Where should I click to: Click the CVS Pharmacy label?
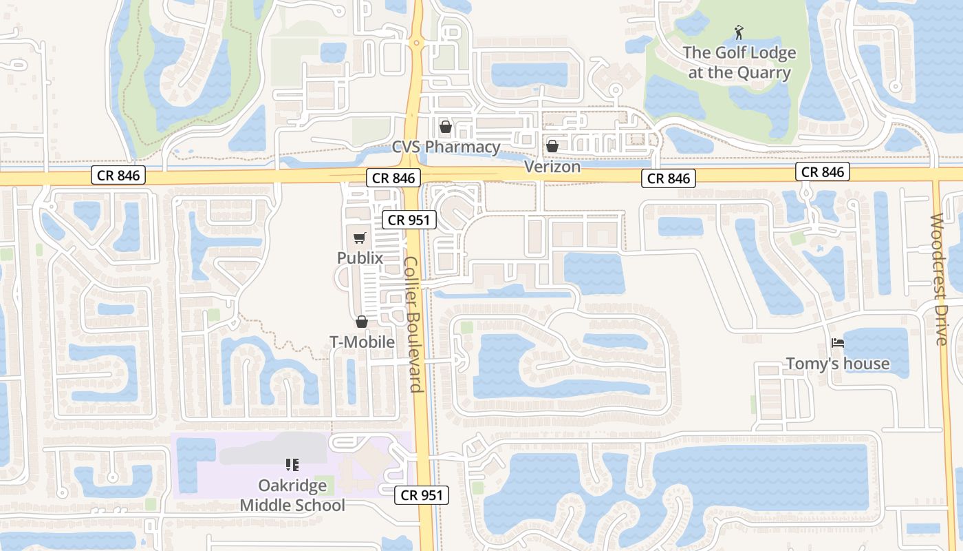(x=446, y=147)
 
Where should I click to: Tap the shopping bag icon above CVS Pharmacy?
(x=446, y=127)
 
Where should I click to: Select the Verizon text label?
(x=552, y=167)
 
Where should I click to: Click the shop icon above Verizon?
(x=552, y=146)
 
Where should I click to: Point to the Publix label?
(x=360, y=258)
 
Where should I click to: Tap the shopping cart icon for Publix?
(x=360, y=238)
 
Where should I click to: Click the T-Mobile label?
(x=362, y=342)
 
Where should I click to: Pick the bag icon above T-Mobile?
(x=362, y=322)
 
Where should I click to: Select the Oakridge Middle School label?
(x=292, y=495)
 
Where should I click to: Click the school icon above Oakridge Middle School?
(x=292, y=465)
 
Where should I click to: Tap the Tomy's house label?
(x=838, y=364)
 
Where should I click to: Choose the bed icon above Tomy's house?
(x=838, y=343)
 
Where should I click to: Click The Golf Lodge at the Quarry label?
(x=739, y=63)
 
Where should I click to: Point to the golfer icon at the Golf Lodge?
(x=739, y=32)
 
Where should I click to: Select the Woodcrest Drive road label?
(x=939, y=279)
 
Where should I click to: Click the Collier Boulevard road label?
(x=413, y=324)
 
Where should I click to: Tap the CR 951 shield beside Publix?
(x=409, y=220)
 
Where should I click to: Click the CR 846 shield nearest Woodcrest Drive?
(x=823, y=171)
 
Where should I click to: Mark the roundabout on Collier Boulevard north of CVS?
(x=415, y=43)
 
